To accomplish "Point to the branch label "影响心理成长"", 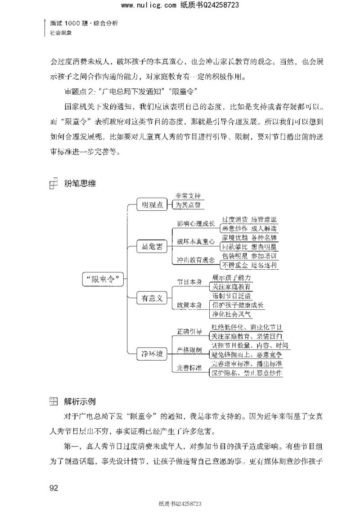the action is (194, 224).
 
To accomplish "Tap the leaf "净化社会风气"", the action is (233, 314).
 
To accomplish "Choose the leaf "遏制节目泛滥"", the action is (231, 295).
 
